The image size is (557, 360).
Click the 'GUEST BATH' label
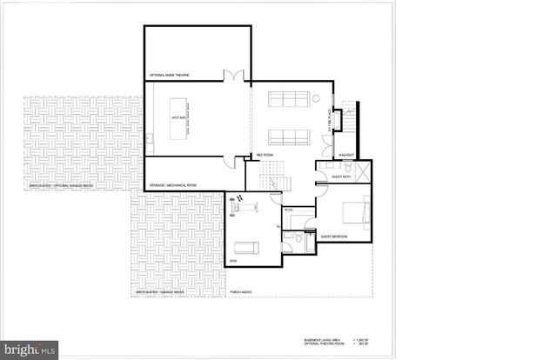[340, 177]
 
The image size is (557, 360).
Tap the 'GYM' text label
[233, 260]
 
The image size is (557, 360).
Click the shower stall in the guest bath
[363, 170]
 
